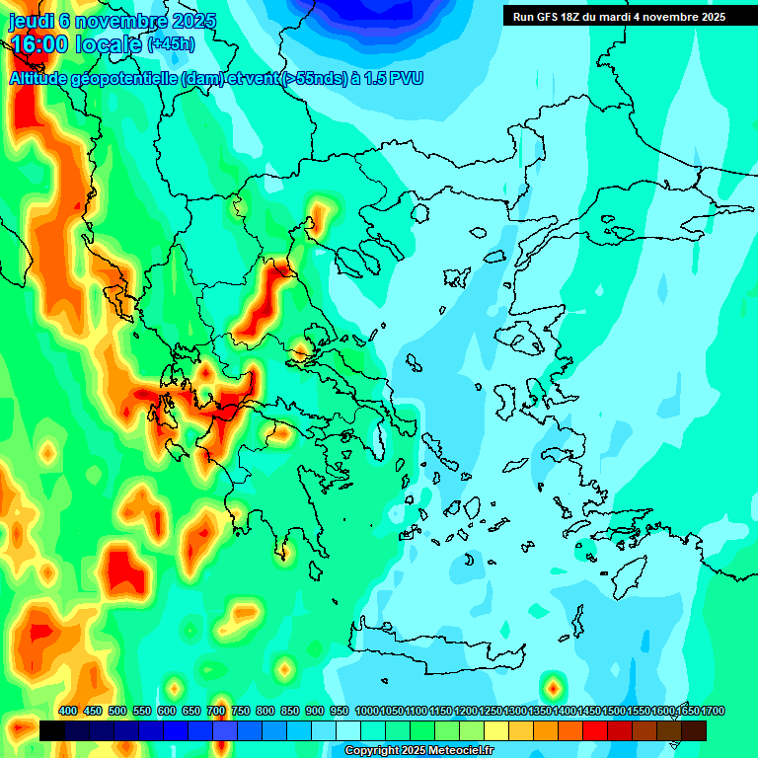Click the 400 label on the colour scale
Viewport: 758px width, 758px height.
click(68, 712)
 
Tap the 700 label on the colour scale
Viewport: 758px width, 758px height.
click(216, 712)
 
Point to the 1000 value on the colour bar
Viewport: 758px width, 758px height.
click(367, 712)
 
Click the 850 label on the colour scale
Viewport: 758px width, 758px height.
click(290, 712)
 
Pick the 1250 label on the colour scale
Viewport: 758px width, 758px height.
click(491, 712)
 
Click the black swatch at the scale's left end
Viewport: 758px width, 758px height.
click(52, 731)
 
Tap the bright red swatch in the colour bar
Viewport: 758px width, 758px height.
click(595, 731)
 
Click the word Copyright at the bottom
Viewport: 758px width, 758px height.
click(370, 751)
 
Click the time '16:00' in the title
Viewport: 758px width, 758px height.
click(38, 43)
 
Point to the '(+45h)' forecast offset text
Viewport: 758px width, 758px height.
click(171, 44)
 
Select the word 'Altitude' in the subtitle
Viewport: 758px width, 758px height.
click(44, 78)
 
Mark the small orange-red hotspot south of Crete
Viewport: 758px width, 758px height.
click(554, 685)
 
